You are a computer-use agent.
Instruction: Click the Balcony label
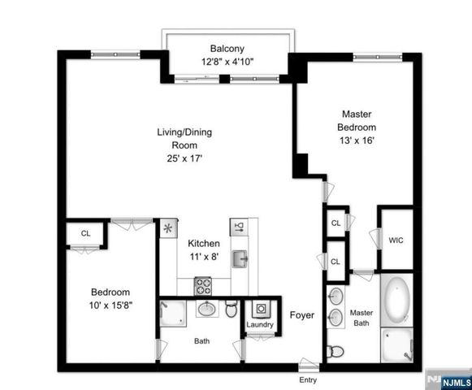pyautogui.click(x=227, y=49)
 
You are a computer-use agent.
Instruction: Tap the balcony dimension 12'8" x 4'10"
pyautogui.click(x=227, y=62)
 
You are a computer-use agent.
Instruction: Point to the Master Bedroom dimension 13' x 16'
pyautogui.click(x=357, y=140)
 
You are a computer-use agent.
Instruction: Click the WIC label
pyautogui.click(x=396, y=240)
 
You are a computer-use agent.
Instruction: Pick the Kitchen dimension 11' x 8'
pyautogui.click(x=203, y=257)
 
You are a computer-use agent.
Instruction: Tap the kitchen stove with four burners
pyautogui.click(x=203, y=286)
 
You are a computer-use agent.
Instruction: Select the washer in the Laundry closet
pyautogui.click(x=262, y=310)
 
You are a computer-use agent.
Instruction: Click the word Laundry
pyautogui.click(x=261, y=325)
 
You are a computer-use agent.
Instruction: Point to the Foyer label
pyautogui.click(x=303, y=315)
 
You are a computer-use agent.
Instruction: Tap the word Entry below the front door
pyautogui.click(x=307, y=379)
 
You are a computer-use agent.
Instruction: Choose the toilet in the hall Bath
pyautogui.click(x=231, y=310)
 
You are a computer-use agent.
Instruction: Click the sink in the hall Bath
pyautogui.click(x=206, y=309)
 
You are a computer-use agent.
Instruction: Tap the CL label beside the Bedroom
pyautogui.click(x=85, y=233)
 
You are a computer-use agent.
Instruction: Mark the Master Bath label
pyautogui.click(x=361, y=318)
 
